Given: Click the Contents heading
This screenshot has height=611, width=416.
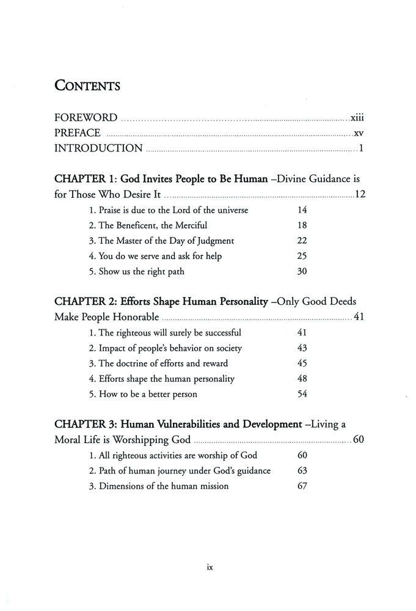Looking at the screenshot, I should pos(87,86).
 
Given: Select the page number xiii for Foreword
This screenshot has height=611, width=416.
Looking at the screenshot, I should pos(357,117).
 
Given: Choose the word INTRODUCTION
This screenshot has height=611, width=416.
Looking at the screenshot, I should pos(98,148).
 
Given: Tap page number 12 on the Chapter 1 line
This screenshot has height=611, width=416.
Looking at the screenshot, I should pos(360,196).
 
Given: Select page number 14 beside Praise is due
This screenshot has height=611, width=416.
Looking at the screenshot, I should pos(302,210).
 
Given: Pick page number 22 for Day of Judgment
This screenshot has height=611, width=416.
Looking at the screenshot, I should pos(302,241).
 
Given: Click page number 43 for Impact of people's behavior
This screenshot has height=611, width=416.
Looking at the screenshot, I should pos(302,348).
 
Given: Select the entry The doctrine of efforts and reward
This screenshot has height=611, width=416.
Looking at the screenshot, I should pos(159,364).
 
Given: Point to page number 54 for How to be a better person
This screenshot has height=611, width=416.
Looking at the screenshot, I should pos(302,394).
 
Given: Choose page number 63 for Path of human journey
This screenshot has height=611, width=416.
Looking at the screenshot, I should pos(302,470).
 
